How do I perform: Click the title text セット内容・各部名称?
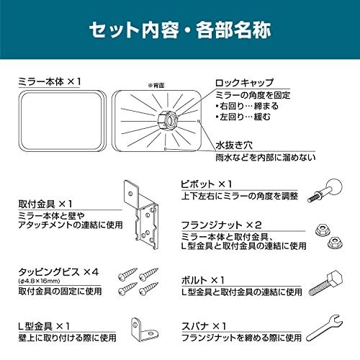tap(179, 32)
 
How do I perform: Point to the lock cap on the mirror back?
tap(166, 118)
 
